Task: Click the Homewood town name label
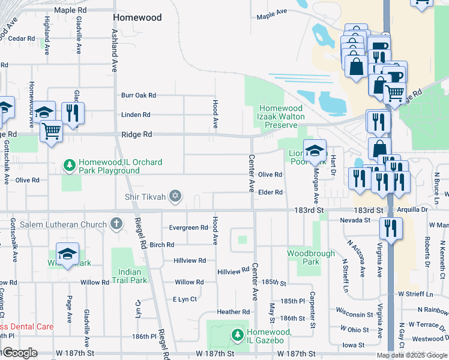pyautogui.click(x=137, y=18)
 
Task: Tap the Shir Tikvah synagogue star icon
pyautogui.click(x=176, y=196)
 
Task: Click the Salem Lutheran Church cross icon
pyautogui.click(x=116, y=224)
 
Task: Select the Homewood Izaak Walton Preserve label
pyautogui.click(x=282, y=116)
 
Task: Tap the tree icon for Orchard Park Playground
pyautogui.click(x=70, y=164)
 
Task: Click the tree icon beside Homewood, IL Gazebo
pyautogui.click(x=238, y=334)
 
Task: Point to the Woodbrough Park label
pyautogui.click(x=311, y=258)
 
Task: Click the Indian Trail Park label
pyautogui.click(x=129, y=276)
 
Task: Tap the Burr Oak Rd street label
pyautogui.click(x=138, y=95)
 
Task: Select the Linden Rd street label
pyautogui.click(x=135, y=115)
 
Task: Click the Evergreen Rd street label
pyautogui.click(x=188, y=228)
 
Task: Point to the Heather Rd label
pyautogui.click(x=233, y=312)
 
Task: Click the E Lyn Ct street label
pyautogui.click(x=185, y=299)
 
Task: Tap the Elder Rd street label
pyautogui.click(x=270, y=192)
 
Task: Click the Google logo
pyautogui.click(x=19, y=353)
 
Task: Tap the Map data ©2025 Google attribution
pyautogui.click(x=411, y=355)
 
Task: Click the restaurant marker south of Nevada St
pyautogui.click(x=391, y=228)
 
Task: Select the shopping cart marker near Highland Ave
pyautogui.click(x=52, y=130)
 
